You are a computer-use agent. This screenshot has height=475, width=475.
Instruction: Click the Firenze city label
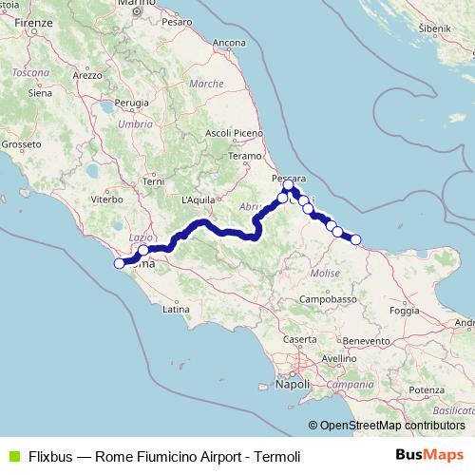(32, 21)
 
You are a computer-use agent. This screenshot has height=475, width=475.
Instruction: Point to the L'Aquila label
(199, 200)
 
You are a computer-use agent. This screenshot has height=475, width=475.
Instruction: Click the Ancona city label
(230, 43)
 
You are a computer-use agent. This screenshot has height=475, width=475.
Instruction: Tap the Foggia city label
(405, 311)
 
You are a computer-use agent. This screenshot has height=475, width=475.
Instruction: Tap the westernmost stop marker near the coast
(120, 263)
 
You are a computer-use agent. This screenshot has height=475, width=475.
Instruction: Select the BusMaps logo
(430, 455)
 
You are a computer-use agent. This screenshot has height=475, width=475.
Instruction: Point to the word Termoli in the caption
(276, 457)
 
